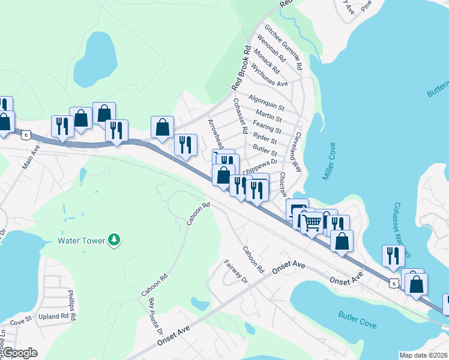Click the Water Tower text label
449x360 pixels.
tap(81, 241)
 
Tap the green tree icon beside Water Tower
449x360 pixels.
tap(114, 241)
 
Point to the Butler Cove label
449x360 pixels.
tap(357, 320)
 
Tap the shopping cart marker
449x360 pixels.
tap(312, 223)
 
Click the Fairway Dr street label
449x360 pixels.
tap(235, 271)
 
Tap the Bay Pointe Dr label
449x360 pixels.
tap(155, 316)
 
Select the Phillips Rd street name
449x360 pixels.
tap(71, 304)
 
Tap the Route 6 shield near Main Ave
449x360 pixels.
tap(25, 135)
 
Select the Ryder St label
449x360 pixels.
tap(265, 141)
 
